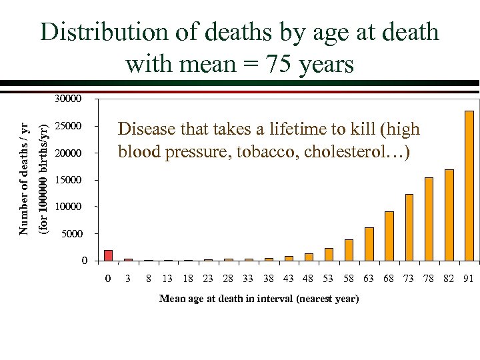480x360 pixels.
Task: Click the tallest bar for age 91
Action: tap(469, 185)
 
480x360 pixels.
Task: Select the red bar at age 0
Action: tap(108, 255)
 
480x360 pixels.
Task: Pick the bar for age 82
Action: tap(449, 215)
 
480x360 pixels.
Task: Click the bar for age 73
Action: tap(409, 227)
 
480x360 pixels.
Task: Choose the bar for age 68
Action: tap(389, 236)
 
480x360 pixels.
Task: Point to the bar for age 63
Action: tap(369, 244)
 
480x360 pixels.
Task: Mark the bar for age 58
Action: tap(349, 250)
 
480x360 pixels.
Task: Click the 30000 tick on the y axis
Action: tap(67, 99)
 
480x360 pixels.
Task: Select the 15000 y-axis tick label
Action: tap(67, 180)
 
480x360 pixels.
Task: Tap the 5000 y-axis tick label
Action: tap(70, 234)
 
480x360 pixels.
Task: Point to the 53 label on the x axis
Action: tap(328, 279)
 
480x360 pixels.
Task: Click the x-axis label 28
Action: tap(228, 279)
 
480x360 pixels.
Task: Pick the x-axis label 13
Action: tap(168, 279)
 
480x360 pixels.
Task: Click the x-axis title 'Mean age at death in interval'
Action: tap(259, 299)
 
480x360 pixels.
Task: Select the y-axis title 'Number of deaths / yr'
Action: tap(24, 179)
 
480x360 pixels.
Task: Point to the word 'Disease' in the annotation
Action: tap(143, 129)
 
